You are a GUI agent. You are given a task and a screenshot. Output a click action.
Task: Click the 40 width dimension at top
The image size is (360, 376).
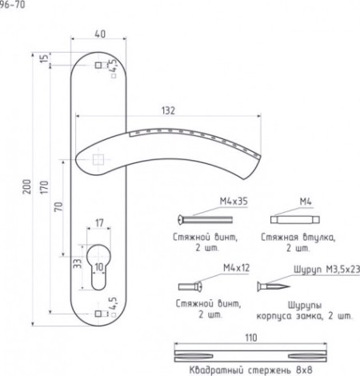click(100, 34)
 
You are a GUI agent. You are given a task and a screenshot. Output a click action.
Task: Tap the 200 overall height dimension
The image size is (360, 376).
click(27, 186)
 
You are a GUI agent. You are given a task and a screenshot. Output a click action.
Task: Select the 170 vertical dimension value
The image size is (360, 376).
click(45, 187)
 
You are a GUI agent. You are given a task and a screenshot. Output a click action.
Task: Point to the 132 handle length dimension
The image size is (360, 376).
click(168, 110)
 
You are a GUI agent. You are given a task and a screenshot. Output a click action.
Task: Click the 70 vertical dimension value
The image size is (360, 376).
click(58, 206)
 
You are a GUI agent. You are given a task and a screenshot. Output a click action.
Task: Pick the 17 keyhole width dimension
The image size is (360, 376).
click(99, 223)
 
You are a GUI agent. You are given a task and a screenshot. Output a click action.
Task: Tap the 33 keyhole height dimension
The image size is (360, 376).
click(78, 264)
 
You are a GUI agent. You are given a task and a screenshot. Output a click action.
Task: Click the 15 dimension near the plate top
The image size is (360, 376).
click(44, 58)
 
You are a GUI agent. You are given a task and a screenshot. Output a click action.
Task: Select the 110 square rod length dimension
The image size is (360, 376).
click(251, 338)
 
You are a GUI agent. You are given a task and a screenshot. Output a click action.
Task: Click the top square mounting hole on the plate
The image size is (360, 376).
click(98, 65)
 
